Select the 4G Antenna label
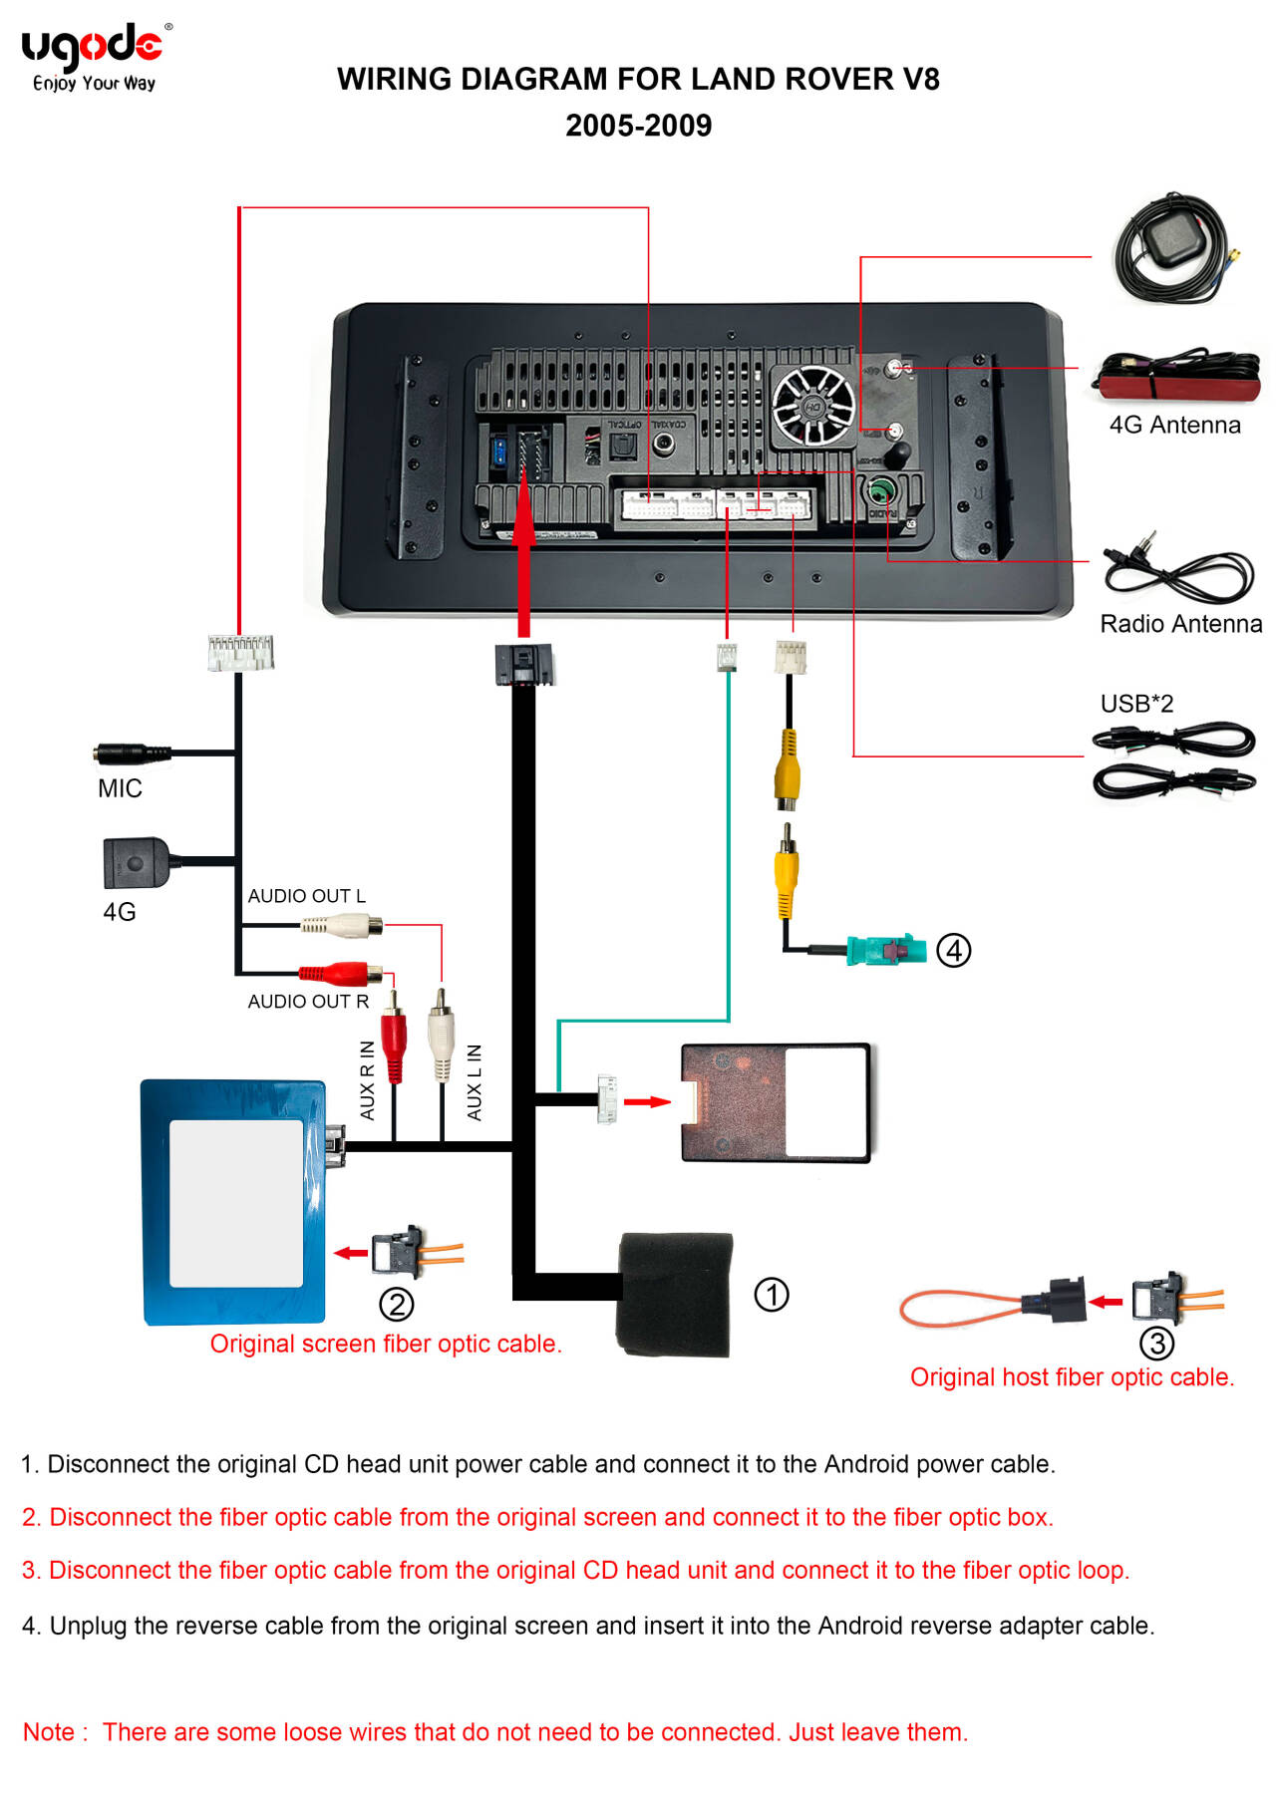tap(1174, 426)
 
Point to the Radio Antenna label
tap(1180, 624)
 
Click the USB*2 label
tap(1136, 704)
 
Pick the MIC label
tap(120, 788)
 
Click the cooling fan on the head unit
tap(813, 406)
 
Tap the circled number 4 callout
tap(954, 950)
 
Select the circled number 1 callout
tap(772, 1295)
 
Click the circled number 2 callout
tap(397, 1304)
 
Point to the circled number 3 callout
tap(1156, 1344)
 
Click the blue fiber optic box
tap(234, 1202)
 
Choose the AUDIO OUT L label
tap(306, 896)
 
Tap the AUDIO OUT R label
tap(308, 1002)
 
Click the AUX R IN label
tap(368, 1080)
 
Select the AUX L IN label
tap(475, 1082)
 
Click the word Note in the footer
tap(49, 1732)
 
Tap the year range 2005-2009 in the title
tap(638, 126)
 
